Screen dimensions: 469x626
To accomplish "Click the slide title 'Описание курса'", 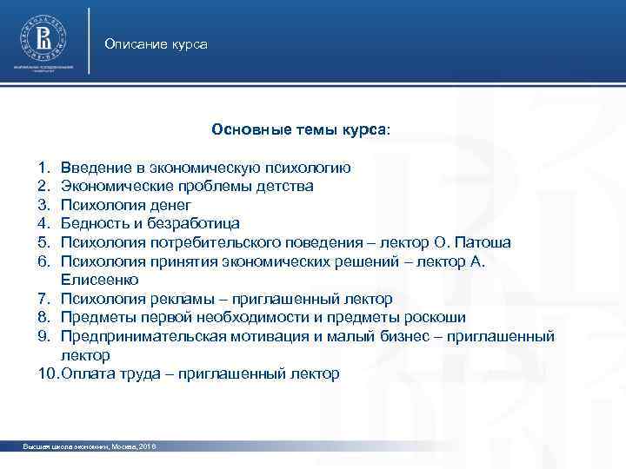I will (x=156, y=43).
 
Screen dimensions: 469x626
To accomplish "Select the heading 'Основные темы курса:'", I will (x=301, y=129).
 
